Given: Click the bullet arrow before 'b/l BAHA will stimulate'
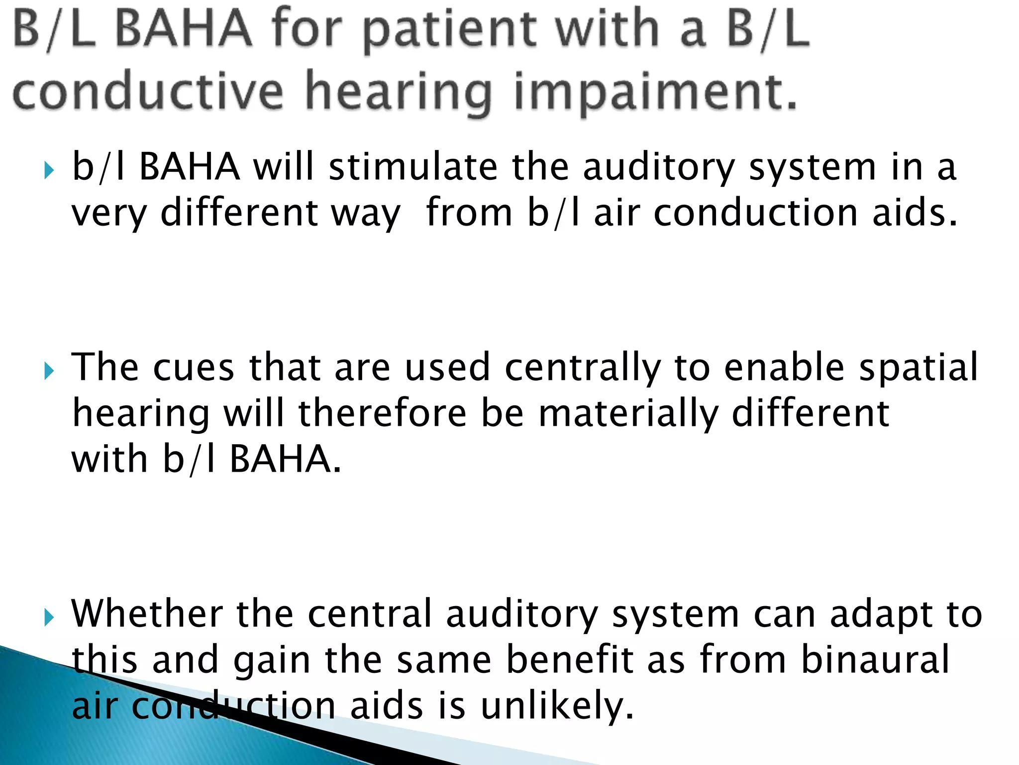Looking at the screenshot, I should (x=49, y=171).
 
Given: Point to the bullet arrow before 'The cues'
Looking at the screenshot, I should (x=49, y=371).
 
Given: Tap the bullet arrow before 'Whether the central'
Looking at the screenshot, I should (x=49, y=618).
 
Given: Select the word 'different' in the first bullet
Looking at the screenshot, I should (x=239, y=213).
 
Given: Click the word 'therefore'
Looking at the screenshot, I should (x=382, y=413).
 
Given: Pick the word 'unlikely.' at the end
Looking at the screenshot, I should (x=557, y=706).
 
